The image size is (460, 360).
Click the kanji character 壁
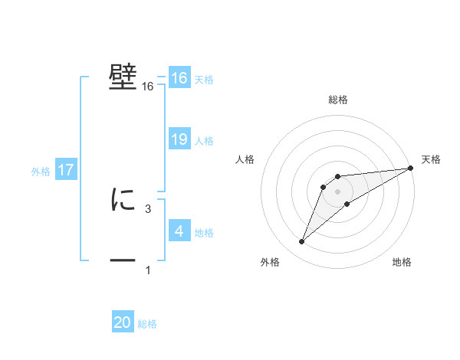[x=123, y=78]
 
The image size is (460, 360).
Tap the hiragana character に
[x=123, y=200]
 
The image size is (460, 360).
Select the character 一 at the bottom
[x=123, y=261]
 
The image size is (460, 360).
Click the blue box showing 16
[x=179, y=78]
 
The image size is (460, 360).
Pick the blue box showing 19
[x=179, y=139]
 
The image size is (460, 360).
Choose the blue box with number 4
[x=179, y=231]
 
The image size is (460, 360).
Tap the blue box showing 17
[x=66, y=170]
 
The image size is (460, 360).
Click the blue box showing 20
[x=123, y=322]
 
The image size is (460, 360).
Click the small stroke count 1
[x=148, y=270]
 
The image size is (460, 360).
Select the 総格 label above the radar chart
[x=338, y=100]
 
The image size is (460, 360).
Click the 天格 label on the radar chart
[x=431, y=159]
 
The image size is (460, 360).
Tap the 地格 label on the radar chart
[x=402, y=263]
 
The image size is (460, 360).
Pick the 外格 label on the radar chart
[x=270, y=263]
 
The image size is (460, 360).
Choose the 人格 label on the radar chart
[x=245, y=159]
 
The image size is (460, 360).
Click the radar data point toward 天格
[x=411, y=168]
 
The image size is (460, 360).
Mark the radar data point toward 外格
[x=302, y=242]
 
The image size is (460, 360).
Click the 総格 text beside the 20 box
[x=147, y=324]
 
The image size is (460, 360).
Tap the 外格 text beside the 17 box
[x=41, y=172]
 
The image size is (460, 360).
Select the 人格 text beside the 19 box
[x=204, y=141]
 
